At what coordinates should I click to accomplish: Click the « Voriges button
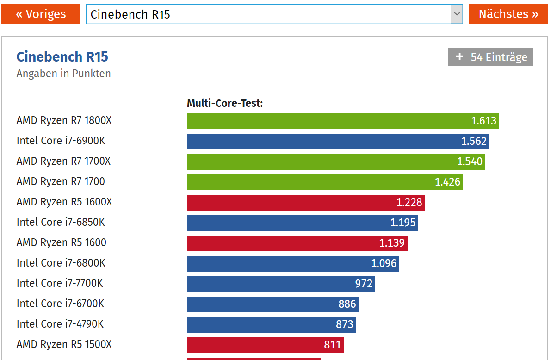pos(41,14)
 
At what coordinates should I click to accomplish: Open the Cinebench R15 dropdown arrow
pos(457,14)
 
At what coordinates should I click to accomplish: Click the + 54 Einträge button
pos(490,57)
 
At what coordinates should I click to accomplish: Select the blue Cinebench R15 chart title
pos(62,57)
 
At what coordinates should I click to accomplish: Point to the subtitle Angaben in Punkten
pos(63,74)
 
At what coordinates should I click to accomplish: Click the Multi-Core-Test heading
pos(225,103)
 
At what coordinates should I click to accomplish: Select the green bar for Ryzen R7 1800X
pos(342,121)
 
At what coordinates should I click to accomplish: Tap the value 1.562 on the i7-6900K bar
pos(474,142)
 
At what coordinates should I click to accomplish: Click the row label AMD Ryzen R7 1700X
pos(63,161)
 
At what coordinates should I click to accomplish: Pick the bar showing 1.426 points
pos(325,182)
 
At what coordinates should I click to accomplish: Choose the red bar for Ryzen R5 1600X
pos(305,203)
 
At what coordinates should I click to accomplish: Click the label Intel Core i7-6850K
pos(61,223)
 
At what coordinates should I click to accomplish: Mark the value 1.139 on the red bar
pos(392,243)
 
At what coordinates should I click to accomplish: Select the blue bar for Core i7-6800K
pos(292,264)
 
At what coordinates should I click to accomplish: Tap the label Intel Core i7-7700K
pos(60,284)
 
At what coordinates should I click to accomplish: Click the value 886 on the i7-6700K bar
pos(347,304)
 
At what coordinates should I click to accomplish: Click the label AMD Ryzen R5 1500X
pos(64,345)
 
